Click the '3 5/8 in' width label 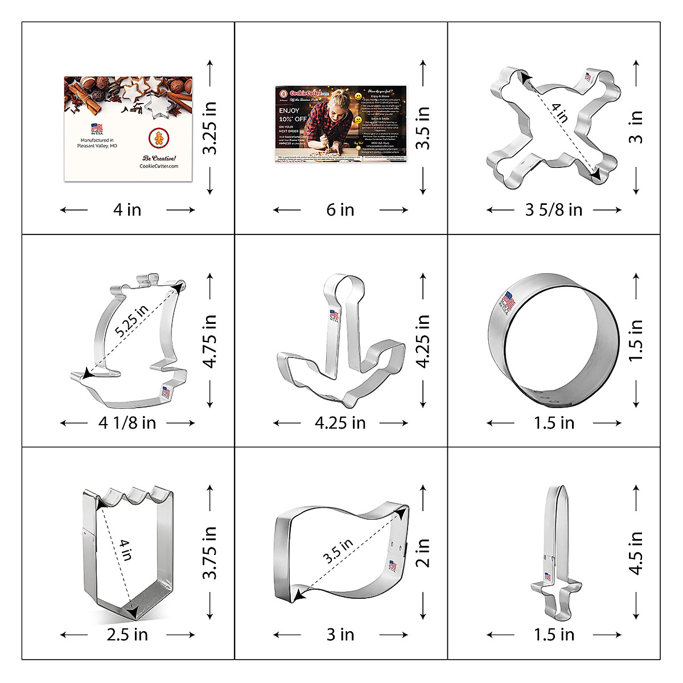click(554, 210)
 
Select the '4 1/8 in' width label click(127, 423)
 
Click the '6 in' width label click(340, 210)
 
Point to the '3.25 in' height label click(210, 128)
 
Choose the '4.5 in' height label click(636, 553)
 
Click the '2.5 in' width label click(127, 635)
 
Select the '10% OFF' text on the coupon click(293, 118)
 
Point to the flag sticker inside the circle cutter click(509, 300)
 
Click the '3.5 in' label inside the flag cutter click(338, 551)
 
